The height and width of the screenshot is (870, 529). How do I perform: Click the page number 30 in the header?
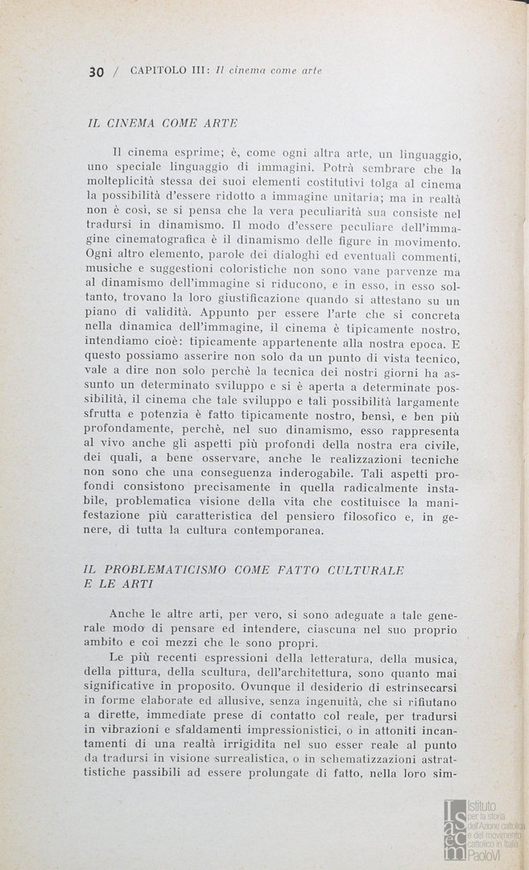(97, 71)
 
